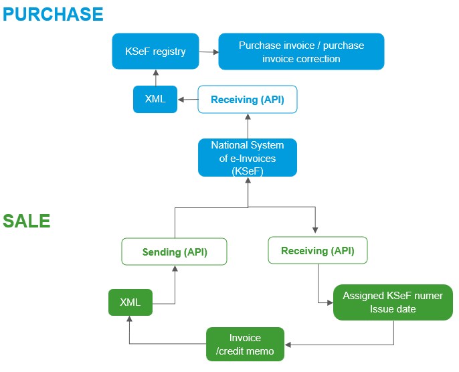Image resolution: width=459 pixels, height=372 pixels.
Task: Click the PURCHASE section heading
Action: (x=53, y=13)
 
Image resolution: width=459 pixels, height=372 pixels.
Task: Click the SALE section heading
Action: (x=27, y=221)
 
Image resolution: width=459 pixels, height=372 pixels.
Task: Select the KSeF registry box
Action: (x=155, y=51)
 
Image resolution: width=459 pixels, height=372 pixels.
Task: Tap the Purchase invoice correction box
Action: (x=301, y=52)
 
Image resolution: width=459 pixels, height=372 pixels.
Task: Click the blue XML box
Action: (x=155, y=100)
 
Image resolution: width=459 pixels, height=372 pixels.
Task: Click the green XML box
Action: (x=130, y=302)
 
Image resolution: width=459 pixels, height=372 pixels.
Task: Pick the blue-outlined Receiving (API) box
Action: (x=248, y=100)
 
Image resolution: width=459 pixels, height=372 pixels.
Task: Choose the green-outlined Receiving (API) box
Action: (x=317, y=251)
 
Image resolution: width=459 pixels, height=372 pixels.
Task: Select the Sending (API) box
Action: (x=175, y=252)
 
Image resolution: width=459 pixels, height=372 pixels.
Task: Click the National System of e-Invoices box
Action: (x=248, y=157)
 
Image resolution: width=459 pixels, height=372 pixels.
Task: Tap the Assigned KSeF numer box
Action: (x=393, y=302)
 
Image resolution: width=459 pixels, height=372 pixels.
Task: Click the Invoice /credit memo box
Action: (x=245, y=344)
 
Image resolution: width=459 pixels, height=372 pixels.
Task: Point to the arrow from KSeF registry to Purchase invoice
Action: (x=209, y=51)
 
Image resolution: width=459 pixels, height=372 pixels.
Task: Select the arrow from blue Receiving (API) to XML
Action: (x=188, y=100)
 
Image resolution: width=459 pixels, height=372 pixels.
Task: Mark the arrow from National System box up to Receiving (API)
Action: (x=248, y=125)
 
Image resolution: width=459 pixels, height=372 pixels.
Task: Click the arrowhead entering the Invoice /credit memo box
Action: (x=289, y=344)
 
